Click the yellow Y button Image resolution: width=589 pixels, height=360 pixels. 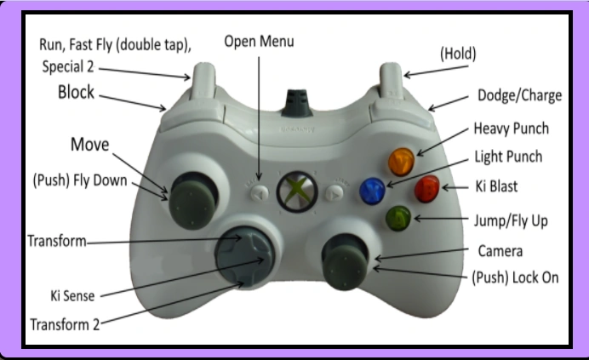pyautogui.click(x=399, y=160)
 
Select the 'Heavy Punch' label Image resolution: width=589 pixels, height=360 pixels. pyautogui.click(x=511, y=129)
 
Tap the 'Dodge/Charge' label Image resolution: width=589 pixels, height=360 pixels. pyautogui.click(x=518, y=95)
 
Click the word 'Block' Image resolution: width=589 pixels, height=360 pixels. pyautogui.click(x=76, y=91)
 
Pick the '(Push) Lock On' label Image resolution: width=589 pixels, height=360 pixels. pyautogui.click(x=515, y=277)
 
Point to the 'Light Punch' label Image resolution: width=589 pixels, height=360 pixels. pyautogui.click(x=507, y=157)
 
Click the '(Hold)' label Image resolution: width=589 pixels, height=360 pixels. pyautogui.click(x=458, y=54)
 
